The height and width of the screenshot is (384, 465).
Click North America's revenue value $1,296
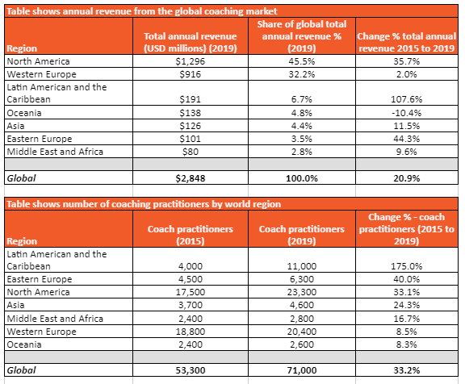point(190,61)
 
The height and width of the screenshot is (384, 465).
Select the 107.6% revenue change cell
point(406,99)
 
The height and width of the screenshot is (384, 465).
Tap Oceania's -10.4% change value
point(406,113)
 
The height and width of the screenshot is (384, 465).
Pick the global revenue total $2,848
point(190,178)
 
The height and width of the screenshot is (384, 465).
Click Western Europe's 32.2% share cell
point(302,74)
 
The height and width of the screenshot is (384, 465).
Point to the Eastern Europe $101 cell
point(190,139)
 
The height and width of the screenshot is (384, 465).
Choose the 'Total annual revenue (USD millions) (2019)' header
point(190,42)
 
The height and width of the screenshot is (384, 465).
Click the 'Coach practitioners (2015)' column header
point(190,235)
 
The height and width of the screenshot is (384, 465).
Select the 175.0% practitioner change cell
point(406,266)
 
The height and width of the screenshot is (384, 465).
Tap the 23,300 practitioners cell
point(302,292)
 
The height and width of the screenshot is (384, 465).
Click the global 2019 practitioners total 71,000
point(302,370)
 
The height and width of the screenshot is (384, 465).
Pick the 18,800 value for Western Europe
point(190,332)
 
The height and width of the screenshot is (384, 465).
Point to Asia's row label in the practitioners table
point(15,305)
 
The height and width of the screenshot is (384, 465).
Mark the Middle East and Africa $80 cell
point(190,152)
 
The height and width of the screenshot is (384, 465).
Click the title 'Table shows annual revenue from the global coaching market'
point(142,11)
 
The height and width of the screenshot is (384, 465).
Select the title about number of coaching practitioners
point(144,204)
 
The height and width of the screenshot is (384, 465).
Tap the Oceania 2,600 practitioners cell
point(302,344)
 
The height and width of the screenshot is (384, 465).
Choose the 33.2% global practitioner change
point(406,370)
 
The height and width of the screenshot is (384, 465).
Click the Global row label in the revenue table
point(21,178)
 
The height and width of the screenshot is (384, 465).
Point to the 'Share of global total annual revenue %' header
point(302,36)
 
